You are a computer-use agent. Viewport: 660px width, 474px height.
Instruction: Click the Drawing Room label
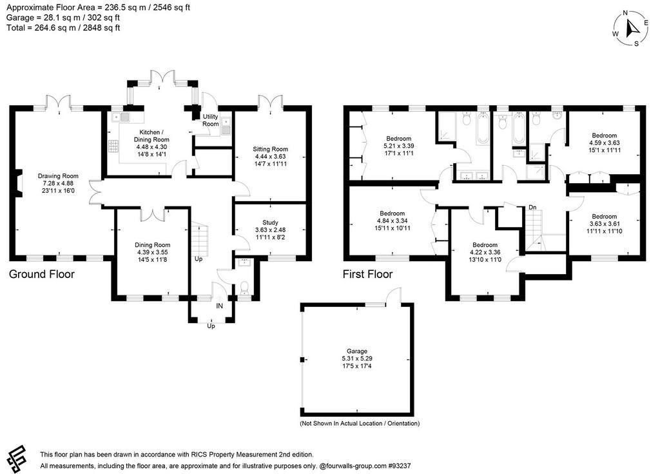[58, 176]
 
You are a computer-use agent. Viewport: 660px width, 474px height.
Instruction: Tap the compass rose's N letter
[625, 13]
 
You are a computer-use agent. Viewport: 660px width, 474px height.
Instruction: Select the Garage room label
[357, 351]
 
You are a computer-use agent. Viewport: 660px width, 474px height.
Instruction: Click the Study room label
[270, 222]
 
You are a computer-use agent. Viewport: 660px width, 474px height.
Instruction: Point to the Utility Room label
[211, 120]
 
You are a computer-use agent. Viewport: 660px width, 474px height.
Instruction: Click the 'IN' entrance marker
[220, 306]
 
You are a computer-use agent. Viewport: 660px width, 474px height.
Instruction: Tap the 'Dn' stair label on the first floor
[532, 207]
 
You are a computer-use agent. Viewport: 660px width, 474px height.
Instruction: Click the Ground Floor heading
[42, 274]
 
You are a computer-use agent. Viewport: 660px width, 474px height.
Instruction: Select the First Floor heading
[367, 274]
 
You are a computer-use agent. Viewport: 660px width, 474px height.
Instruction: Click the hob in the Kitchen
[113, 146]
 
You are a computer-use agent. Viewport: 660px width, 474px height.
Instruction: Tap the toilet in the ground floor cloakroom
[244, 289]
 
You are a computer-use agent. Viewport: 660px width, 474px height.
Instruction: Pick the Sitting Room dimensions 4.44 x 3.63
[270, 156]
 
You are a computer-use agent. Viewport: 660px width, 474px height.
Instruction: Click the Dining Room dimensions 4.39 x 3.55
[152, 252]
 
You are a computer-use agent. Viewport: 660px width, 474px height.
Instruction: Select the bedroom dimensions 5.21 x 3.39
[398, 146]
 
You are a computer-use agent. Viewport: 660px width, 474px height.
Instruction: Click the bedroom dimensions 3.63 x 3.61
[605, 224]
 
